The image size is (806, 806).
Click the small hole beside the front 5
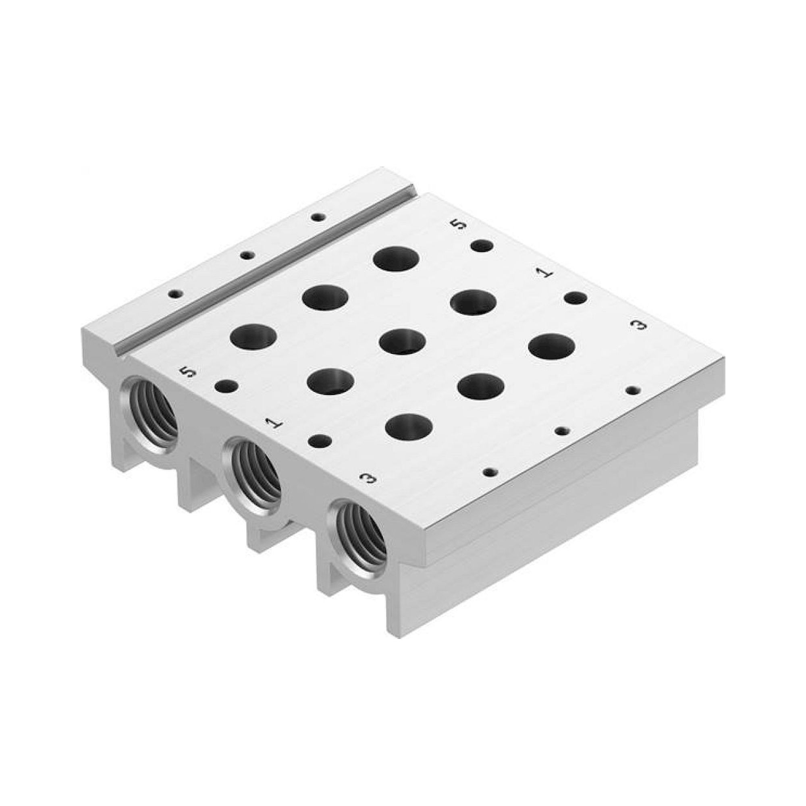(x=226, y=386)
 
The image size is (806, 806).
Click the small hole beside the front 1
(x=320, y=440)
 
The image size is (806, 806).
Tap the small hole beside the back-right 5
(x=482, y=246)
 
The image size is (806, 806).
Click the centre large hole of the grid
(x=402, y=341)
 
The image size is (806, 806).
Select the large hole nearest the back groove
(x=396, y=259)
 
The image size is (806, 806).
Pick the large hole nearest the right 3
(x=552, y=346)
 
